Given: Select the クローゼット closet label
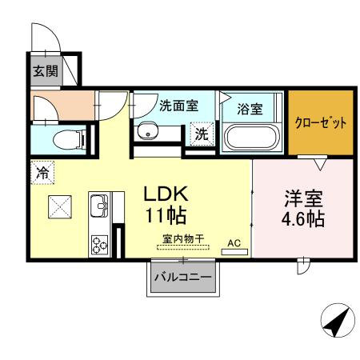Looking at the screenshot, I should pyautogui.click(x=320, y=123).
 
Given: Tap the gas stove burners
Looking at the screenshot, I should pyautogui.click(x=100, y=243).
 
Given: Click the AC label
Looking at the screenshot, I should pyautogui.click(x=234, y=242).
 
